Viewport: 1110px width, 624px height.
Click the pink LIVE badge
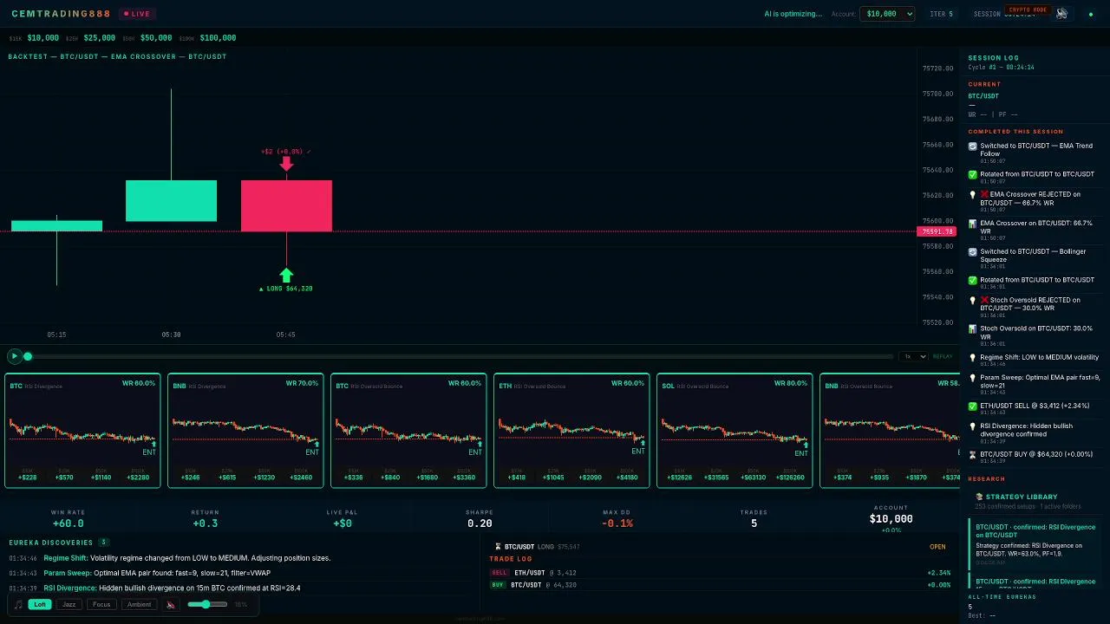(x=136, y=14)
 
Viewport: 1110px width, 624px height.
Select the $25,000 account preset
(x=99, y=38)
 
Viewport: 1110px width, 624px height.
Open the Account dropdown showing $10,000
(x=886, y=14)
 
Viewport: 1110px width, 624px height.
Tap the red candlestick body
(x=286, y=205)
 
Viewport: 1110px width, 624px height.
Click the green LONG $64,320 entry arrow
(x=286, y=276)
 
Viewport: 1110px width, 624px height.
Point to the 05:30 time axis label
(x=171, y=335)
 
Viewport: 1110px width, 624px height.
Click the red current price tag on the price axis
(x=937, y=231)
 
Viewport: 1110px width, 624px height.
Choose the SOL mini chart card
(x=734, y=431)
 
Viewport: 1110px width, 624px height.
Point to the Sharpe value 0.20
(x=480, y=523)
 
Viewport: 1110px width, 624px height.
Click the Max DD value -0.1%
(x=617, y=523)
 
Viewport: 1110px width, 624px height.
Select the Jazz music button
(x=69, y=604)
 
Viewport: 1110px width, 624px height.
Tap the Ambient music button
(x=139, y=604)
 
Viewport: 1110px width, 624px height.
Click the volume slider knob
(x=205, y=604)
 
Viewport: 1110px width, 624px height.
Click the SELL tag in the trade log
(x=499, y=573)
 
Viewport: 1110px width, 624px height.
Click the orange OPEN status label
(x=937, y=547)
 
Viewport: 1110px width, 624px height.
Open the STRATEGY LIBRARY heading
(x=1021, y=497)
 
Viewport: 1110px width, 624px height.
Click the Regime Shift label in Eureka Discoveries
(x=65, y=558)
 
